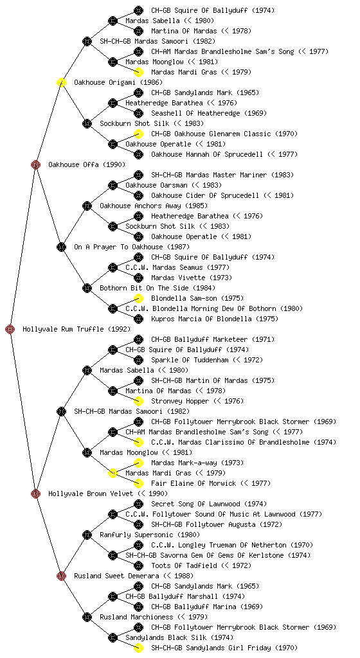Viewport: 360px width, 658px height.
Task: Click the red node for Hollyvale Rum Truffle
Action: [x=10, y=329]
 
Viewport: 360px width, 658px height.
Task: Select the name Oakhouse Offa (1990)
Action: [x=86, y=164]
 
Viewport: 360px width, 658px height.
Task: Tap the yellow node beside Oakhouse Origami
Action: [x=61, y=82]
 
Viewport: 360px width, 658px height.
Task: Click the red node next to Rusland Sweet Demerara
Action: [x=61, y=576]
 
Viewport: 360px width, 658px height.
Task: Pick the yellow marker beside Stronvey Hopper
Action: [x=138, y=401]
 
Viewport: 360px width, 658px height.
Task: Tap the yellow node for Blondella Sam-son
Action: [x=138, y=298]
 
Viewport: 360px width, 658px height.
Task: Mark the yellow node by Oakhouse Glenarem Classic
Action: [x=138, y=134]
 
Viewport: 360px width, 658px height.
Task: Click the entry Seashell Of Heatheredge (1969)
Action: [x=209, y=113]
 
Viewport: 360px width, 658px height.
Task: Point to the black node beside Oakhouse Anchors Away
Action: [x=87, y=206]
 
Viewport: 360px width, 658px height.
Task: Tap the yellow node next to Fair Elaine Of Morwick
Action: [x=138, y=483]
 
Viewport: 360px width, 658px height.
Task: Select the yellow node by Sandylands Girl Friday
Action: [x=138, y=648]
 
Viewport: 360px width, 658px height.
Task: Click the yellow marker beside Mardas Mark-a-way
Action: [x=138, y=463]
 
